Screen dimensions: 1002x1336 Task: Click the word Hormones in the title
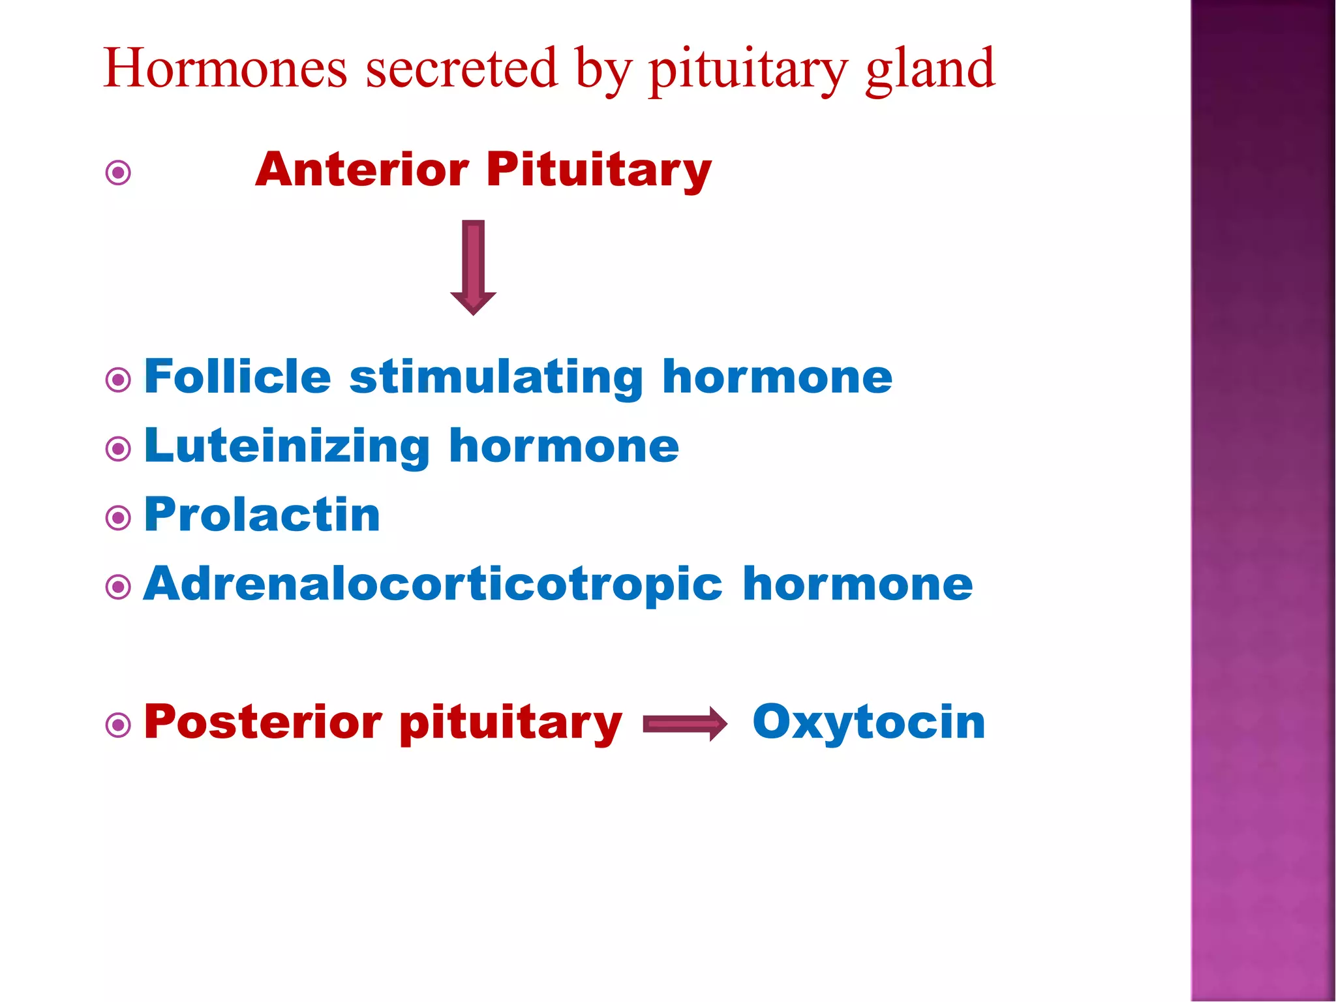(x=225, y=68)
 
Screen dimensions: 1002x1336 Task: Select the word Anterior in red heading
(x=362, y=170)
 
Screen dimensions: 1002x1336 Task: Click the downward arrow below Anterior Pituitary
(x=474, y=267)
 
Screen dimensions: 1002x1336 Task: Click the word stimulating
(x=496, y=378)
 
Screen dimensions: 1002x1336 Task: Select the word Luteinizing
(x=287, y=447)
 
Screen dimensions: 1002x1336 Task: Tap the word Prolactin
(x=262, y=515)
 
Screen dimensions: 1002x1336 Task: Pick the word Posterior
(x=263, y=723)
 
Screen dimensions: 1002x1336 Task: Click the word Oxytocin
(x=868, y=723)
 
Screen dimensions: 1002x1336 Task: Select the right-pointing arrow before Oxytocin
(x=685, y=723)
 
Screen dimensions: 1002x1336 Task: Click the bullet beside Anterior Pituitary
(x=118, y=173)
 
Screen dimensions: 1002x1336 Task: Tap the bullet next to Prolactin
(x=118, y=519)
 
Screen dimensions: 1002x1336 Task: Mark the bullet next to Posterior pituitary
(x=118, y=725)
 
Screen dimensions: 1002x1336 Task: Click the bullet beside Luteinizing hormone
(x=118, y=449)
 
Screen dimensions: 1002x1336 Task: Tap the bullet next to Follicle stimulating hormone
(x=118, y=380)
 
